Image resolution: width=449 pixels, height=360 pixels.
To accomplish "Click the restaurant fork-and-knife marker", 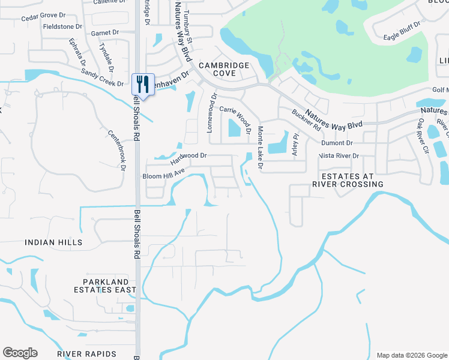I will click(x=143, y=83).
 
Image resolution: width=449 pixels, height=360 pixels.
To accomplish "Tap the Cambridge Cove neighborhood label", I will click(x=224, y=69).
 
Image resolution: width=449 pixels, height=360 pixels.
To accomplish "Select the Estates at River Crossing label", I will click(x=343, y=180).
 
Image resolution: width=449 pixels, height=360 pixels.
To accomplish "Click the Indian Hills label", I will click(x=53, y=242).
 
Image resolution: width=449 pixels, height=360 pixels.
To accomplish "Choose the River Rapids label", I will click(x=86, y=354).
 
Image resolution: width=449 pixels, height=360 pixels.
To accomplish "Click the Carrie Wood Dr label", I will click(x=235, y=116).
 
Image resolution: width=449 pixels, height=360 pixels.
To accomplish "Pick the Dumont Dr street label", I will click(x=337, y=143).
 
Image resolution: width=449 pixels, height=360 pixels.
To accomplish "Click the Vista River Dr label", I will click(x=339, y=156).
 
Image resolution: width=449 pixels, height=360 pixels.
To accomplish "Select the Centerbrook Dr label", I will click(x=116, y=151).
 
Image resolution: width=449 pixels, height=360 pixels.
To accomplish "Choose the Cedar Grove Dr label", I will click(x=46, y=17).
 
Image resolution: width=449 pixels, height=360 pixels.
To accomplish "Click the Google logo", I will click(x=20, y=353).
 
